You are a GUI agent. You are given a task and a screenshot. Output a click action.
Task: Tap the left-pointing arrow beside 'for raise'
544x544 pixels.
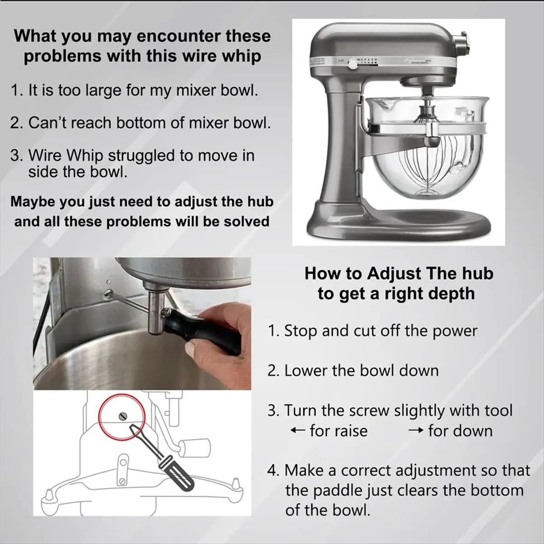click(297, 431)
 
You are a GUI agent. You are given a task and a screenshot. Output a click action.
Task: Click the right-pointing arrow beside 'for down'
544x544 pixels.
click(416, 430)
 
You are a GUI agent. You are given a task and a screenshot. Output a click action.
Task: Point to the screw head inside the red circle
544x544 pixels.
click(123, 416)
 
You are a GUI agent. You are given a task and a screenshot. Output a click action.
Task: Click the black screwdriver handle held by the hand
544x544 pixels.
click(203, 330)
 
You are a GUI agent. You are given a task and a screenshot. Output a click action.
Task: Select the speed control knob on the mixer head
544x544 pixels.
click(353, 64)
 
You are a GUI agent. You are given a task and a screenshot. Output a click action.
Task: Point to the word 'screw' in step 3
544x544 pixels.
click(369, 410)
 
